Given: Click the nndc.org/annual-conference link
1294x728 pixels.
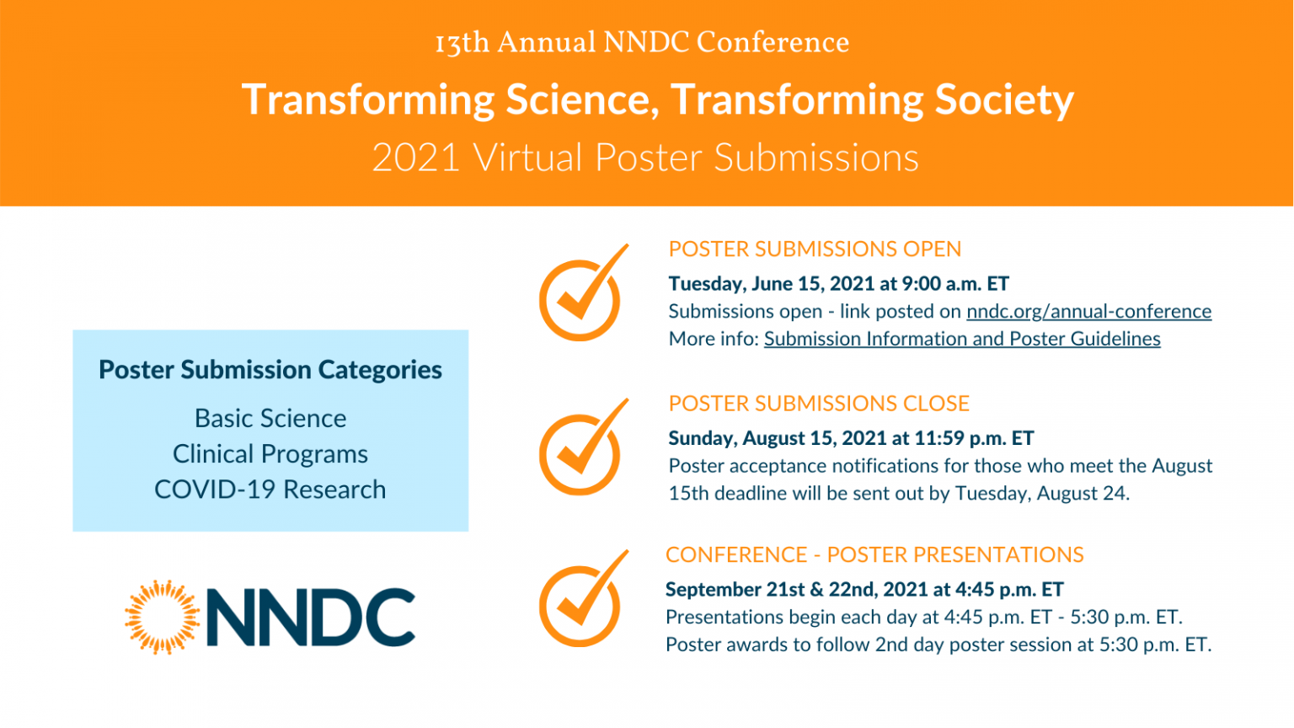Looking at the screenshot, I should tap(1088, 312).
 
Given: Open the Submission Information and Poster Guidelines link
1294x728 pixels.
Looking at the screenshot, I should tap(962, 339).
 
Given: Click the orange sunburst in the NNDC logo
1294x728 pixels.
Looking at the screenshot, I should tap(163, 618).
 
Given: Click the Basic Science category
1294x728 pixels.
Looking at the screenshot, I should tap(270, 419).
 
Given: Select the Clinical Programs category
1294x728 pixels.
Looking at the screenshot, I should tap(270, 454).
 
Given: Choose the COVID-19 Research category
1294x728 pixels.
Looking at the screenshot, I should tap(270, 490).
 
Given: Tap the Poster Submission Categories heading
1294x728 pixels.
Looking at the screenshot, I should tap(270, 370).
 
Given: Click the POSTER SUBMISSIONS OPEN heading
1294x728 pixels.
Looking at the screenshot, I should tap(815, 249).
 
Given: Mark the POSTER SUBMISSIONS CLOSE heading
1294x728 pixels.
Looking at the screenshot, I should tap(819, 404).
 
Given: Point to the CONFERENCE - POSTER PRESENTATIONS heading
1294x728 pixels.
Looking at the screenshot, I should tap(874, 555).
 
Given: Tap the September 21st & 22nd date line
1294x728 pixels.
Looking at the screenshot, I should tap(864, 590).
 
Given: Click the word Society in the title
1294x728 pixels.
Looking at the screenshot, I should tap(1004, 100).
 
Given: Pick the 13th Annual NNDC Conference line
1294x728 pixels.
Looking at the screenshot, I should tap(642, 42).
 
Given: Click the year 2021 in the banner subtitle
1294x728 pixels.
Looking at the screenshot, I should tap(416, 158).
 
